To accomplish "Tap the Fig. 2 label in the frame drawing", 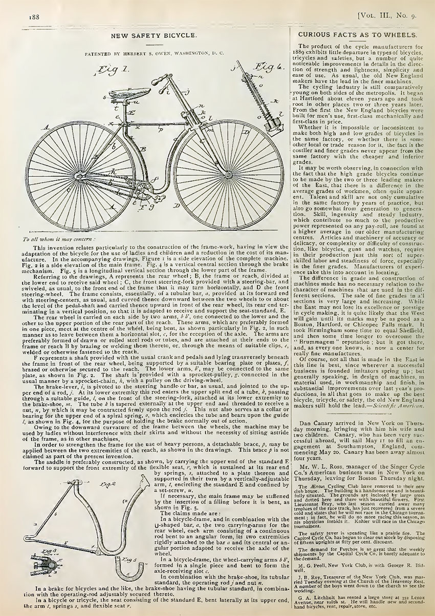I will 106,484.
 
